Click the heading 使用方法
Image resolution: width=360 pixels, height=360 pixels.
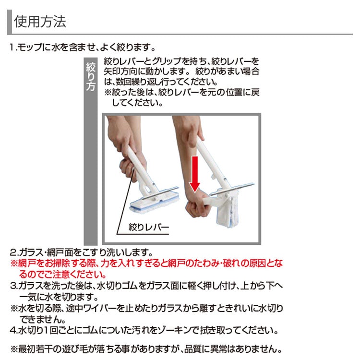(40, 22)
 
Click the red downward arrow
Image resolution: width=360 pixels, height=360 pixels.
(195, 174)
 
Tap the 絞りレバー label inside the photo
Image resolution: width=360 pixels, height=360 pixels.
(148, 227)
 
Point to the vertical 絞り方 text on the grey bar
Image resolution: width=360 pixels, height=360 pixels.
(90, 76)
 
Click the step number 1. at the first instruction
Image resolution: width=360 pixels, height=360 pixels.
(13, 48)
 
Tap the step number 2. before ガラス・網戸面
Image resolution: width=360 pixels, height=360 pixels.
(14, 252)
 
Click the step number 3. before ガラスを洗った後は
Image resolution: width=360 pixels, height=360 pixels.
(14, 286)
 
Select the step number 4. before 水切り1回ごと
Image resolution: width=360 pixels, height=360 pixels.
(14, 330)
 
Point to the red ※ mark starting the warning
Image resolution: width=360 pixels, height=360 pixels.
(14, 264)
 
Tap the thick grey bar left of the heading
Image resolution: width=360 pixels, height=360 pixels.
(10, 22)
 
